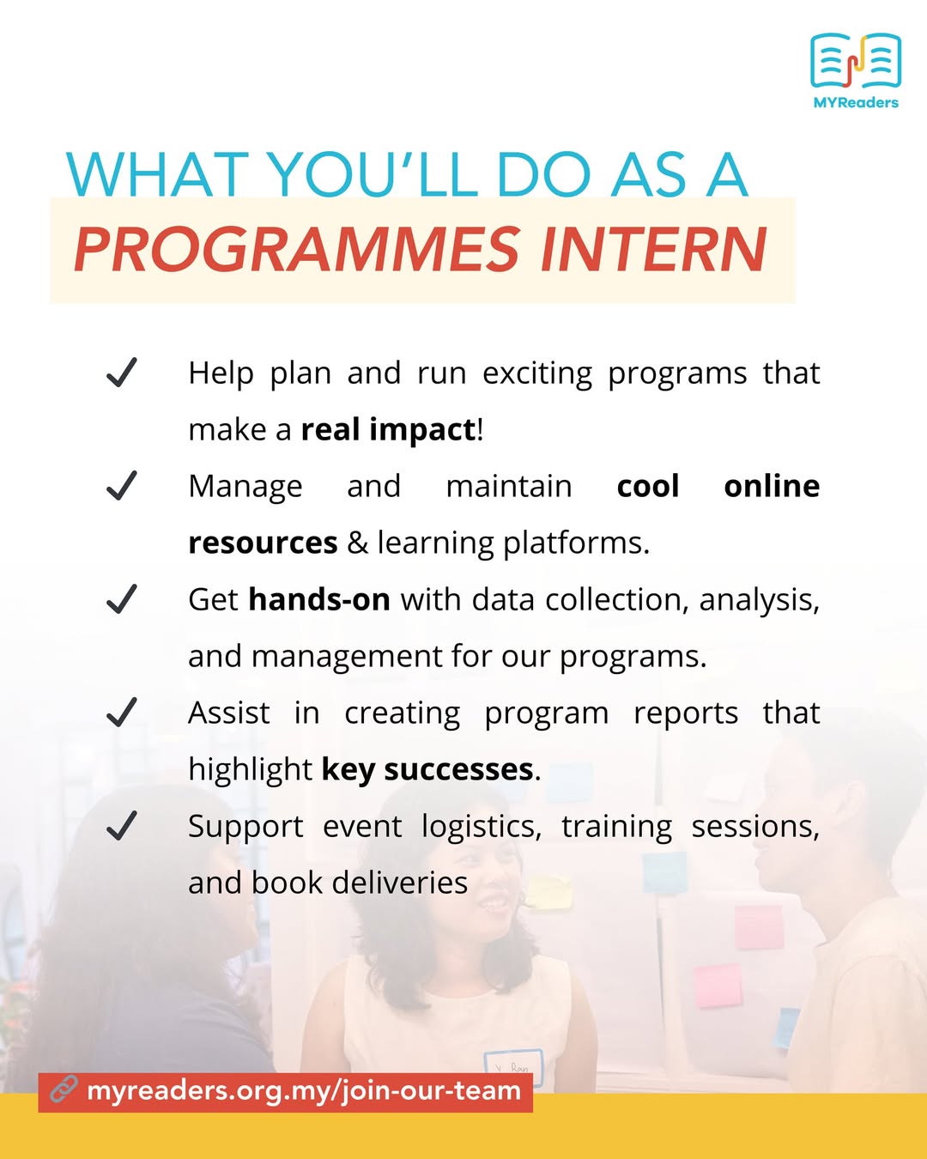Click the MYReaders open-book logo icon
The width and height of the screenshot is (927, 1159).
[x=856, y=60]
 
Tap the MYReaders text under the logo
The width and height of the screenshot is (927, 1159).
[x=856, y=102]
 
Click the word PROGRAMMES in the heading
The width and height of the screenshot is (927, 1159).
[x=297, y=249]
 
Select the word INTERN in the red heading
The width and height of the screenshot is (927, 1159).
[x=654, y=249]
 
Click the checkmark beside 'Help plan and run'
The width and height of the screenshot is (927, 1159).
[x=122, y=372]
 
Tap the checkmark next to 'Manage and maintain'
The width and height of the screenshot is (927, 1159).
[x=122, y=485]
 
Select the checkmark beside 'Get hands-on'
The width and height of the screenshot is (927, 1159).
[x=122, y=599]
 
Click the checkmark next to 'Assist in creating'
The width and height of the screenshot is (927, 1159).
[x=122, y=712]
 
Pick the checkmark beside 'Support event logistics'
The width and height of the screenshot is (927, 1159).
[x=122, y=826]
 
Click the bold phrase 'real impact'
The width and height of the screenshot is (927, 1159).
[x=388, y=430]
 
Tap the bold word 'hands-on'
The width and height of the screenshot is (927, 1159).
[x=319, y=599]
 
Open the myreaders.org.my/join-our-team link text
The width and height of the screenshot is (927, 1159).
[x=304, y=1090]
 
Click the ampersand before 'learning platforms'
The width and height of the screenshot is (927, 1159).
[x=357, y=543]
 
